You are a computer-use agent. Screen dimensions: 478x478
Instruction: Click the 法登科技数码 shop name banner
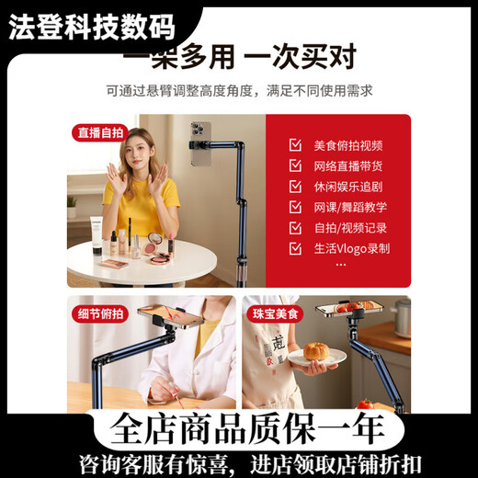pyautogui.click(x=92, y=28)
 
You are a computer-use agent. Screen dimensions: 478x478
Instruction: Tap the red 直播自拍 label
pyautogui.click(x=99, y=132)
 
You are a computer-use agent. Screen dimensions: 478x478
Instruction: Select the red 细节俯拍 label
pyautogui.click(x=99, y=313)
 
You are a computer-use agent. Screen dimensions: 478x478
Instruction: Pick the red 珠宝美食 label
pyautogui.click(x=275, y=313)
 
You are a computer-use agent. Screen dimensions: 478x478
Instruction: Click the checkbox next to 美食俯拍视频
pyautogui.click(x=295, y=145)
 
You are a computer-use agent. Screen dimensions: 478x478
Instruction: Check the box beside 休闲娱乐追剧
pyautogui.click(x=295, y=187)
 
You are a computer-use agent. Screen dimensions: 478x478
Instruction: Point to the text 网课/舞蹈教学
pyautogui.click(x=350, y=208)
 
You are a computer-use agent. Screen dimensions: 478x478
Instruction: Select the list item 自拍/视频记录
pyautogui.click(x=350, y=228)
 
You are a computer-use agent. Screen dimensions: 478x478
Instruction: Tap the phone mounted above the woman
pyautogui.click(x=200, y=144)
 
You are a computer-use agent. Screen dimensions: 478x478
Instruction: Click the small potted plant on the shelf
pyautogui.click(x=72, y=205)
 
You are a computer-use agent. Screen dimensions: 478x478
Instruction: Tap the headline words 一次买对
pyautogui.click(x=299, y=58)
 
